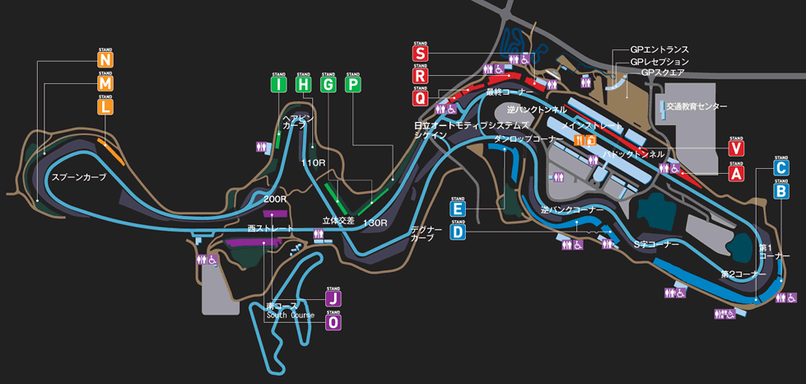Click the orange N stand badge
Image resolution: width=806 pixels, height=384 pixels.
[105, 60]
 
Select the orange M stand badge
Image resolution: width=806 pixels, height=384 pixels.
[105, 83]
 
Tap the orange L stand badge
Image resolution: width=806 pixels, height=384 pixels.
[105, 106]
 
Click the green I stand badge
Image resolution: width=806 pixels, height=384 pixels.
[278, 84]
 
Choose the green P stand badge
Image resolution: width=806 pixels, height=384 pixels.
[353, 84]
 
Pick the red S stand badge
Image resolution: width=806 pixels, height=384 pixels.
[421, 54]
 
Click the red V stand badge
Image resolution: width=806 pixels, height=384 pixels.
[736, 149]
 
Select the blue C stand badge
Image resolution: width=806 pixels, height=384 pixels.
[781, 166]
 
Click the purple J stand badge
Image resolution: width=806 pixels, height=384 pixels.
[333, 298]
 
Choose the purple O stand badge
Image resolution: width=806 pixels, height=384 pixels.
[333, 323]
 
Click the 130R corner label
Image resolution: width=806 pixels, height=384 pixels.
[374, 223]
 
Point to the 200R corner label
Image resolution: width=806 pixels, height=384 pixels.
[276, 199]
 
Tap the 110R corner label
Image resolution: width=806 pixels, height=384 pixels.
[314, 163]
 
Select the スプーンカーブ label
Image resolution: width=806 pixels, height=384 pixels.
[79, 177]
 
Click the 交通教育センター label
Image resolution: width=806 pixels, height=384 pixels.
[697, 107]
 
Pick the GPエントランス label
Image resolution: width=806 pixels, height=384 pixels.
[659, 50]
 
